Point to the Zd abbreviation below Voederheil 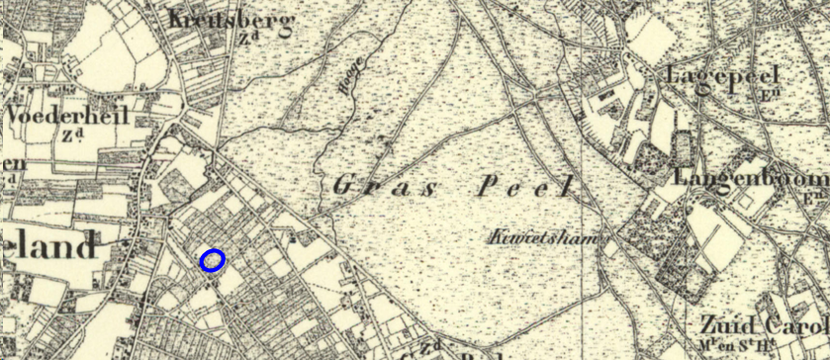(69, 135)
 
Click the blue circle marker (213, 260)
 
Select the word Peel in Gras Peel (525, 186)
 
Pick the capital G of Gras (344, 184)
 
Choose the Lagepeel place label (723, 75)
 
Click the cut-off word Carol (797, 325)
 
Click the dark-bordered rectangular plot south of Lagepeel (683, 148)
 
